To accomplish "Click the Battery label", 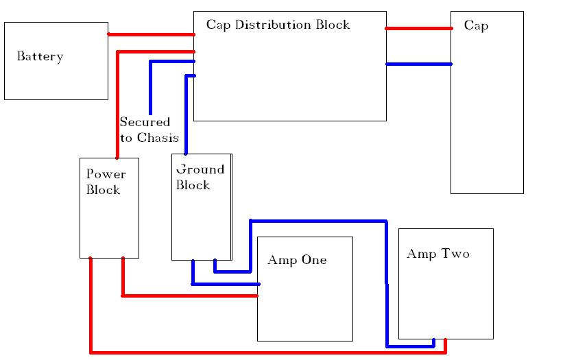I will [40, 57].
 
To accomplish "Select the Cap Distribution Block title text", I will [278, 25].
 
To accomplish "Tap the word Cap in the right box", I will [476, 26].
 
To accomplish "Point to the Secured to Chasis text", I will [149, 130].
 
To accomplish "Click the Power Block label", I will [106, 182].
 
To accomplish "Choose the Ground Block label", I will [200, 177].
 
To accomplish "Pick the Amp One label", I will [297, 261].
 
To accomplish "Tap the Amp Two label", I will [437, 254].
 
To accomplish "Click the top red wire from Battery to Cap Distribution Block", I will [151, 34].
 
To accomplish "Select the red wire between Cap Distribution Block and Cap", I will [418, 28].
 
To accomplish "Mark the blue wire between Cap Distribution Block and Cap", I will [418, 64].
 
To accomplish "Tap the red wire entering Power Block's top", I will [118, 103].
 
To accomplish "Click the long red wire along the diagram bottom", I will [267, 352].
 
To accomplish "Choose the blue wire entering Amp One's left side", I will [226, 283].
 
